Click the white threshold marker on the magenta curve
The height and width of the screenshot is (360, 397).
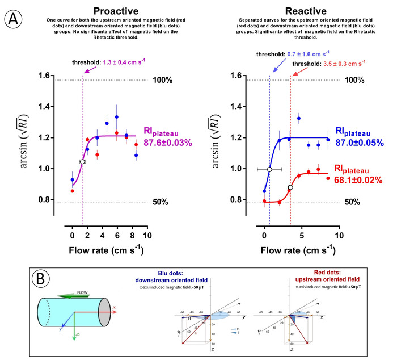tap(82, 162)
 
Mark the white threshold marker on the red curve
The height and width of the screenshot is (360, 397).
tap(290, 187)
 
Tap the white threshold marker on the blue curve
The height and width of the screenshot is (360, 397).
tap(270, 169)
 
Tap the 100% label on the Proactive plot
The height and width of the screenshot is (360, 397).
tap(162, 81)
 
